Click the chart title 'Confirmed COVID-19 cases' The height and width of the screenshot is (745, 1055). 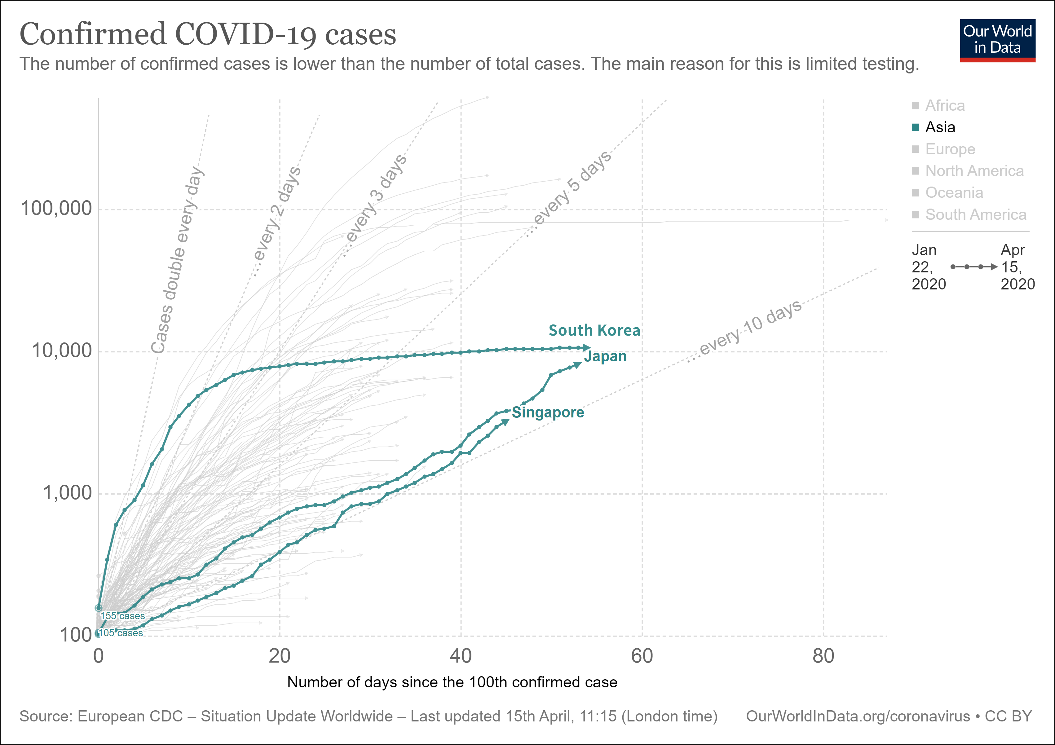point(208,34)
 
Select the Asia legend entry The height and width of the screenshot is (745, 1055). point(940,127)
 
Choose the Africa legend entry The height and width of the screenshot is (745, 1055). point(944,106)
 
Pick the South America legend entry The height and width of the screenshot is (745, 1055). point(975,215)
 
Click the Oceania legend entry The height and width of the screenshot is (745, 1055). point(953,192)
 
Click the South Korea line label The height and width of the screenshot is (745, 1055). point(594,330)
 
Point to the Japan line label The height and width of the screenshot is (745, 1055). point(605,357)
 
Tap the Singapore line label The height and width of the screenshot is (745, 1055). point(548,412)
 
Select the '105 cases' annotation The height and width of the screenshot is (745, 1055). point(121,633)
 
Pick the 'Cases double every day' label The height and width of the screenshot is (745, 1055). point(178,260)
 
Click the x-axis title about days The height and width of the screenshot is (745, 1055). point(452,682)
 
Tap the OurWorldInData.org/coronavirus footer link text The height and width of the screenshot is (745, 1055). point(857,716)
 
